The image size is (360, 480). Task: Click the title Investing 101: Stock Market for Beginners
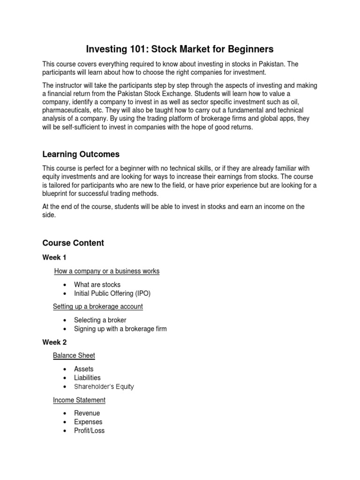180,49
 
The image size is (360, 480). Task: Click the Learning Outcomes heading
81,154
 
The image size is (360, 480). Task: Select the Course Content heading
73,243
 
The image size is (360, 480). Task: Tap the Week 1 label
54,257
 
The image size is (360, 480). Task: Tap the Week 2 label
54,342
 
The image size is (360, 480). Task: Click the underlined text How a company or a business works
107,271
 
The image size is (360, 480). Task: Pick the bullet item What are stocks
97,285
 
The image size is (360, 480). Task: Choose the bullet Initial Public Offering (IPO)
112,293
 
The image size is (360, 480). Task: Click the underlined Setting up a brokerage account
98,307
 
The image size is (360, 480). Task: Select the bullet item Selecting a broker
100,320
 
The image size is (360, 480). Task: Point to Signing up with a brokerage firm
120,329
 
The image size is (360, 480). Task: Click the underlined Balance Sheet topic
74,355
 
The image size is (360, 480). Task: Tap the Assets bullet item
83,369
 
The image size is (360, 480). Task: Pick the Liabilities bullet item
87,378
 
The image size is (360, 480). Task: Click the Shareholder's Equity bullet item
104,387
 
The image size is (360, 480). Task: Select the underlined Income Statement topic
79,400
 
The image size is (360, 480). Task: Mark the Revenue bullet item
87,413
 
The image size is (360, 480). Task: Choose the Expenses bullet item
88,422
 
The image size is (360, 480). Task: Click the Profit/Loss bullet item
89,430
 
